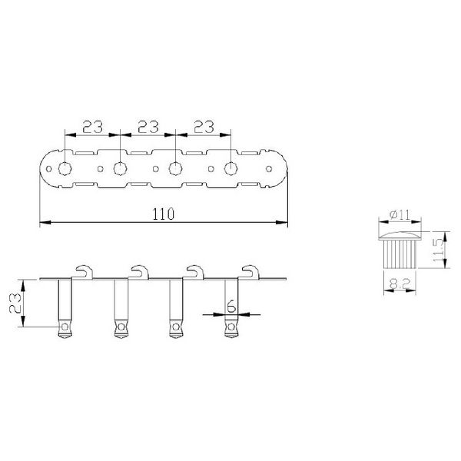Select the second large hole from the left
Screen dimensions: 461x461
(120, 167)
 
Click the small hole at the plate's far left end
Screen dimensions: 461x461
(47, 167)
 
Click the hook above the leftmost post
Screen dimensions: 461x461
(85, 270)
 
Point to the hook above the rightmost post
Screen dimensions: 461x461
(250, 270)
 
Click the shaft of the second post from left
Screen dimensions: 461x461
(120, 300)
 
